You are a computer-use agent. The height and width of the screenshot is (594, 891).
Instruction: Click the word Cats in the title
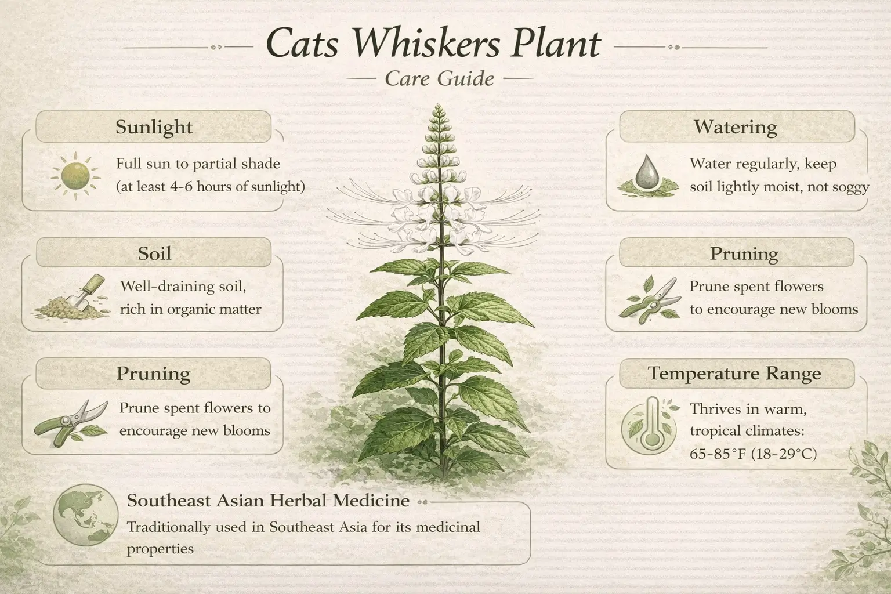(302, 45)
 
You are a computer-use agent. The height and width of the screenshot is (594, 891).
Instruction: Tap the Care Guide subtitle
(439, 78)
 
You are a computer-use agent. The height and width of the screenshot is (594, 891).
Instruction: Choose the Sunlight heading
(154, 127)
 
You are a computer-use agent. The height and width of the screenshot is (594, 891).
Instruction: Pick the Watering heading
(735, 127)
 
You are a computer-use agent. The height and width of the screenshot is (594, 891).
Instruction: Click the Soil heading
(154, 253)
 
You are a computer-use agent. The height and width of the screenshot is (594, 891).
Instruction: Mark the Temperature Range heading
(734, 374)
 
